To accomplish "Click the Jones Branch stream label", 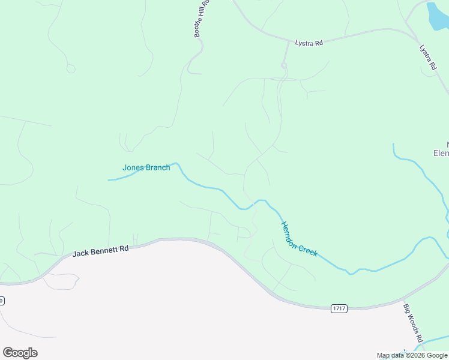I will (146, 168).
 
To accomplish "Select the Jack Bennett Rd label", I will (101, 251).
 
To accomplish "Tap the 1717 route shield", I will (339, 308).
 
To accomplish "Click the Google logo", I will (20, 352).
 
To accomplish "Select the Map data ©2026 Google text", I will (412, 356).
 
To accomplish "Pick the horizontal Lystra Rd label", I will (309, 43).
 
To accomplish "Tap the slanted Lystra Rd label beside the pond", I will (427, 58).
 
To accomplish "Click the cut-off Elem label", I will (441, 153).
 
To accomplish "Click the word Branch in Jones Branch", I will (158, 168).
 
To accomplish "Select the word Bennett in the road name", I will (101, 251).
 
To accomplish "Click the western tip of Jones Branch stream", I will (109, 179).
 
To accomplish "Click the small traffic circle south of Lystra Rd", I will (284, 65).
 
